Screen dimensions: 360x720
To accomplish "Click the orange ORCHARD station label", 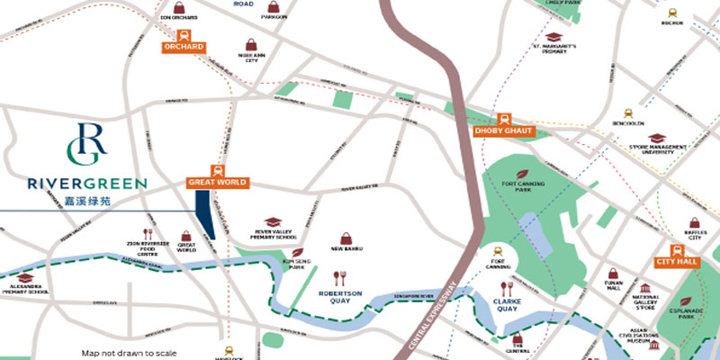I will pos(184,47).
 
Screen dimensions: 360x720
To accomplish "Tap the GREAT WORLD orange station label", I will pos(217,182).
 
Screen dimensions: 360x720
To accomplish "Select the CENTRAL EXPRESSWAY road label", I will pos(430,315).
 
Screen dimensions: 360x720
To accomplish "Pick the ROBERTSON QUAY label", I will pos(339,297).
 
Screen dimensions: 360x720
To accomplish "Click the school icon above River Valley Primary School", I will pos(274,221).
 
